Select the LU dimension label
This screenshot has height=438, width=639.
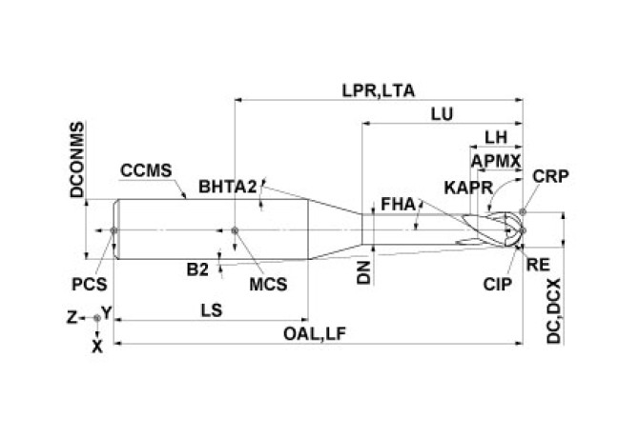click(442, 113)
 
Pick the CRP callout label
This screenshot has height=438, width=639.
click(552, 177)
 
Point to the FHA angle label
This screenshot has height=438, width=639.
click(397, 203)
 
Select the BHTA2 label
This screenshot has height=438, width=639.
click(228, 186)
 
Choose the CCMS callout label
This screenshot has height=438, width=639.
click(146, 171)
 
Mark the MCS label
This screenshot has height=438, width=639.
click(268, 282)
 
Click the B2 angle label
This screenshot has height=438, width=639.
click(196, 269)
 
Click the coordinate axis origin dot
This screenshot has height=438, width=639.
click(96, 318)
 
